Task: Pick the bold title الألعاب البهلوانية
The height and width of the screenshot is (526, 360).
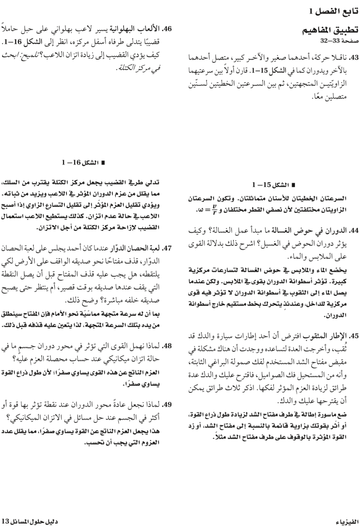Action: click(x=138, y=29)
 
